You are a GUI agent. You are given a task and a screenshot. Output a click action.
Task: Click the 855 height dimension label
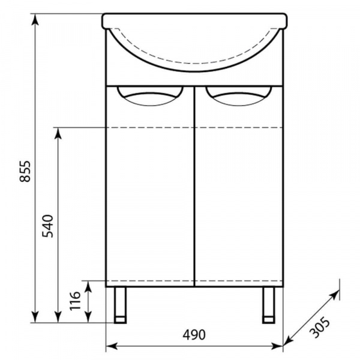click(25, 171)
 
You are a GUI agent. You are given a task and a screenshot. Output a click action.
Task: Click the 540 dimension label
click(47, 226)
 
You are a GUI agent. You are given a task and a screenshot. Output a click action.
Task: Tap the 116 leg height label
click(76, 301)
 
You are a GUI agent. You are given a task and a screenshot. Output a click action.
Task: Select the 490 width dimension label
click(194, 335)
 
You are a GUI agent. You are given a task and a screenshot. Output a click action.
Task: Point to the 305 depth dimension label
click(319, 327)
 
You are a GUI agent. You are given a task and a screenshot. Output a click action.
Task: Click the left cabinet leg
click(120, 305)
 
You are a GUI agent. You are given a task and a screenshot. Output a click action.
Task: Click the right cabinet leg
click(269, 305)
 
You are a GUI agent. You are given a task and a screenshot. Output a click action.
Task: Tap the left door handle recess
click(150, 96)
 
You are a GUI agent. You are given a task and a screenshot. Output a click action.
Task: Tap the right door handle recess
click(239, 96)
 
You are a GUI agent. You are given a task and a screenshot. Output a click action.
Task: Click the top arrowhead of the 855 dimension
click(35, 19)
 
